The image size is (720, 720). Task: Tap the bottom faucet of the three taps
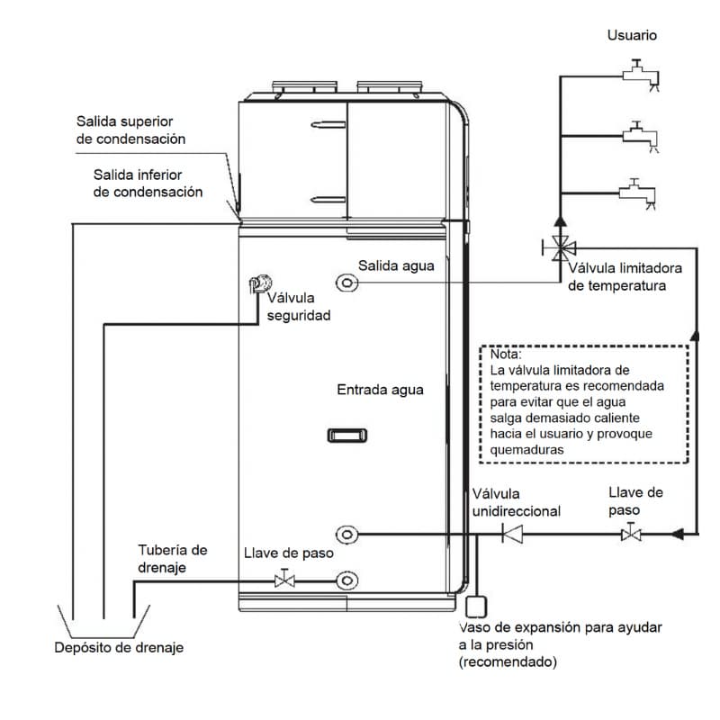638,191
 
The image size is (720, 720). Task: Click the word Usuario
632,36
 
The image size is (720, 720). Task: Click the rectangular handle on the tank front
347,436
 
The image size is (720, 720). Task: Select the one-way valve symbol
513,535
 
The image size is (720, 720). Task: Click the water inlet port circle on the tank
347,535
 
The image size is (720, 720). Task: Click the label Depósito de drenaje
118,647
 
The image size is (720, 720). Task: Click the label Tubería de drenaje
173,558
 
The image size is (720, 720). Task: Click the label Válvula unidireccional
516,502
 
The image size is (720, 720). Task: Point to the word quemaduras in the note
527,449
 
